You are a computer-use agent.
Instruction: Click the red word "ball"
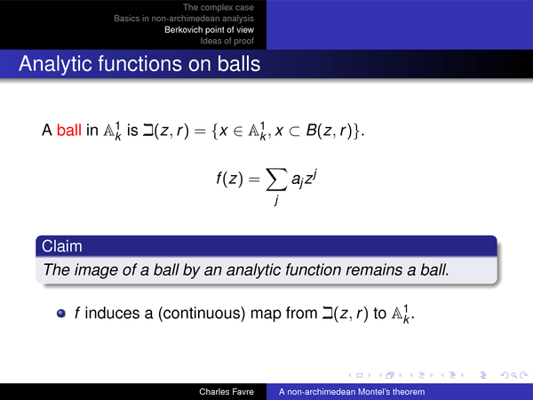click(69, 130)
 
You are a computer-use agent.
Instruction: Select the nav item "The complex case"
click(219, 7)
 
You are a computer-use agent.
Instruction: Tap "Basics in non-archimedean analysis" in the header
click(184, 19)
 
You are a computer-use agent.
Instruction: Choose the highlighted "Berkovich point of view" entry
click(209, 29)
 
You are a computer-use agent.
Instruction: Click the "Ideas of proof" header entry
click(227, 41)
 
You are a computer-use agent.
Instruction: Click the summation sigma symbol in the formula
click(275, 180)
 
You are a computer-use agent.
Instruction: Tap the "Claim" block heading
click(62, 246)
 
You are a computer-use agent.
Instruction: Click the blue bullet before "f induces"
click(61, 313)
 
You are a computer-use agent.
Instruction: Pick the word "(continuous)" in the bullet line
click(202, 313)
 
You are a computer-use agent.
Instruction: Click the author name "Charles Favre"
click(227, 392)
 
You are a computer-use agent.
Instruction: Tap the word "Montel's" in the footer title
click(374, 392)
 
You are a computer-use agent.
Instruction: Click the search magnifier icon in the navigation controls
click(515, 375)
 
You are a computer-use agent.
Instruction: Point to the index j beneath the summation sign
click(276, 200)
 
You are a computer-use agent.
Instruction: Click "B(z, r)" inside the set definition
click(329, 131)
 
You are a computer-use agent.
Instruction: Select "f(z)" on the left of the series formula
click(230, 178)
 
